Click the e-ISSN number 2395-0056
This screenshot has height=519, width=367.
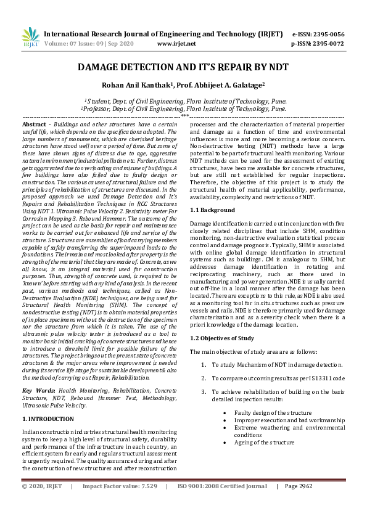[x=329, y=35]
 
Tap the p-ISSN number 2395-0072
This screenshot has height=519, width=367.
[x=329, y=44]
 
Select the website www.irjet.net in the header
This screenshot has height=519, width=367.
[x=176, y=44]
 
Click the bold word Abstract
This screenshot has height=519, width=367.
[x=35, y=124]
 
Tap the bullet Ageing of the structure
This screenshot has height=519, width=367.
[x=264, y=442]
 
